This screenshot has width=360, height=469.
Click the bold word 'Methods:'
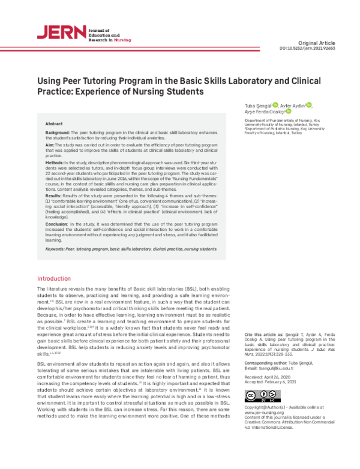(55, 163)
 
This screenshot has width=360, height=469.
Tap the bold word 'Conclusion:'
(59, 223)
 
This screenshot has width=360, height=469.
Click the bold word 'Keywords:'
(58, 248)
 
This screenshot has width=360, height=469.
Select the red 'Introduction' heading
(54, 279)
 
